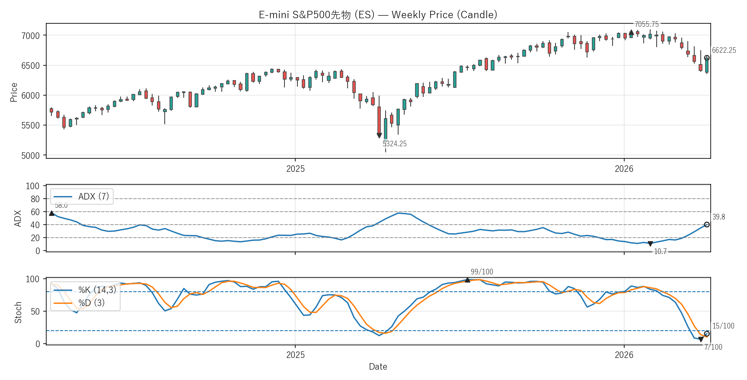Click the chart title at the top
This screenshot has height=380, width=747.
point(378,15)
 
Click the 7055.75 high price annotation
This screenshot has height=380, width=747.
point(646,24)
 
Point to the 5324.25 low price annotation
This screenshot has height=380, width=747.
point(394,144)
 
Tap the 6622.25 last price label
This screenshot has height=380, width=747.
point(724,50)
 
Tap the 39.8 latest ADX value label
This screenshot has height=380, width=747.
point(718,217)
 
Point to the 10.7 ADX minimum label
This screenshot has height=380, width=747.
point(660,251)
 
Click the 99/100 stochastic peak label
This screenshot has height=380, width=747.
point(482,272)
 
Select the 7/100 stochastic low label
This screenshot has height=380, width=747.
point(713,347)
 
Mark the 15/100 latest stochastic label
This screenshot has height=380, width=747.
point(723,326)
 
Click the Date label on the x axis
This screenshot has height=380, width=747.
point(378,367)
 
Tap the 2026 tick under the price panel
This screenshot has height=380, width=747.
point(624,169)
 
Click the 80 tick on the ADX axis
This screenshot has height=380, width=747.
point(35,199)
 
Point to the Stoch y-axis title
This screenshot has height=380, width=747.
point(18,312)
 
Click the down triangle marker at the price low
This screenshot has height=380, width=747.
point(379,135)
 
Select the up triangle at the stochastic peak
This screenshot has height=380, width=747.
point(467,280)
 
